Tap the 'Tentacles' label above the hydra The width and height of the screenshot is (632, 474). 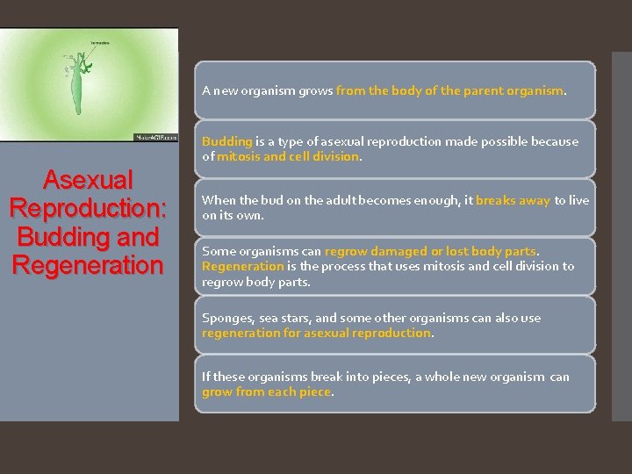98,42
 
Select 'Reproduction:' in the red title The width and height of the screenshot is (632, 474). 86,209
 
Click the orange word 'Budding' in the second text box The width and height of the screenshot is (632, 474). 226,141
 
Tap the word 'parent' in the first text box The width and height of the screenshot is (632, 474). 485,90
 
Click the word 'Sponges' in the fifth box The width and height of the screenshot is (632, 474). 226,318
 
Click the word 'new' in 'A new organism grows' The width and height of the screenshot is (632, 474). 226,90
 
